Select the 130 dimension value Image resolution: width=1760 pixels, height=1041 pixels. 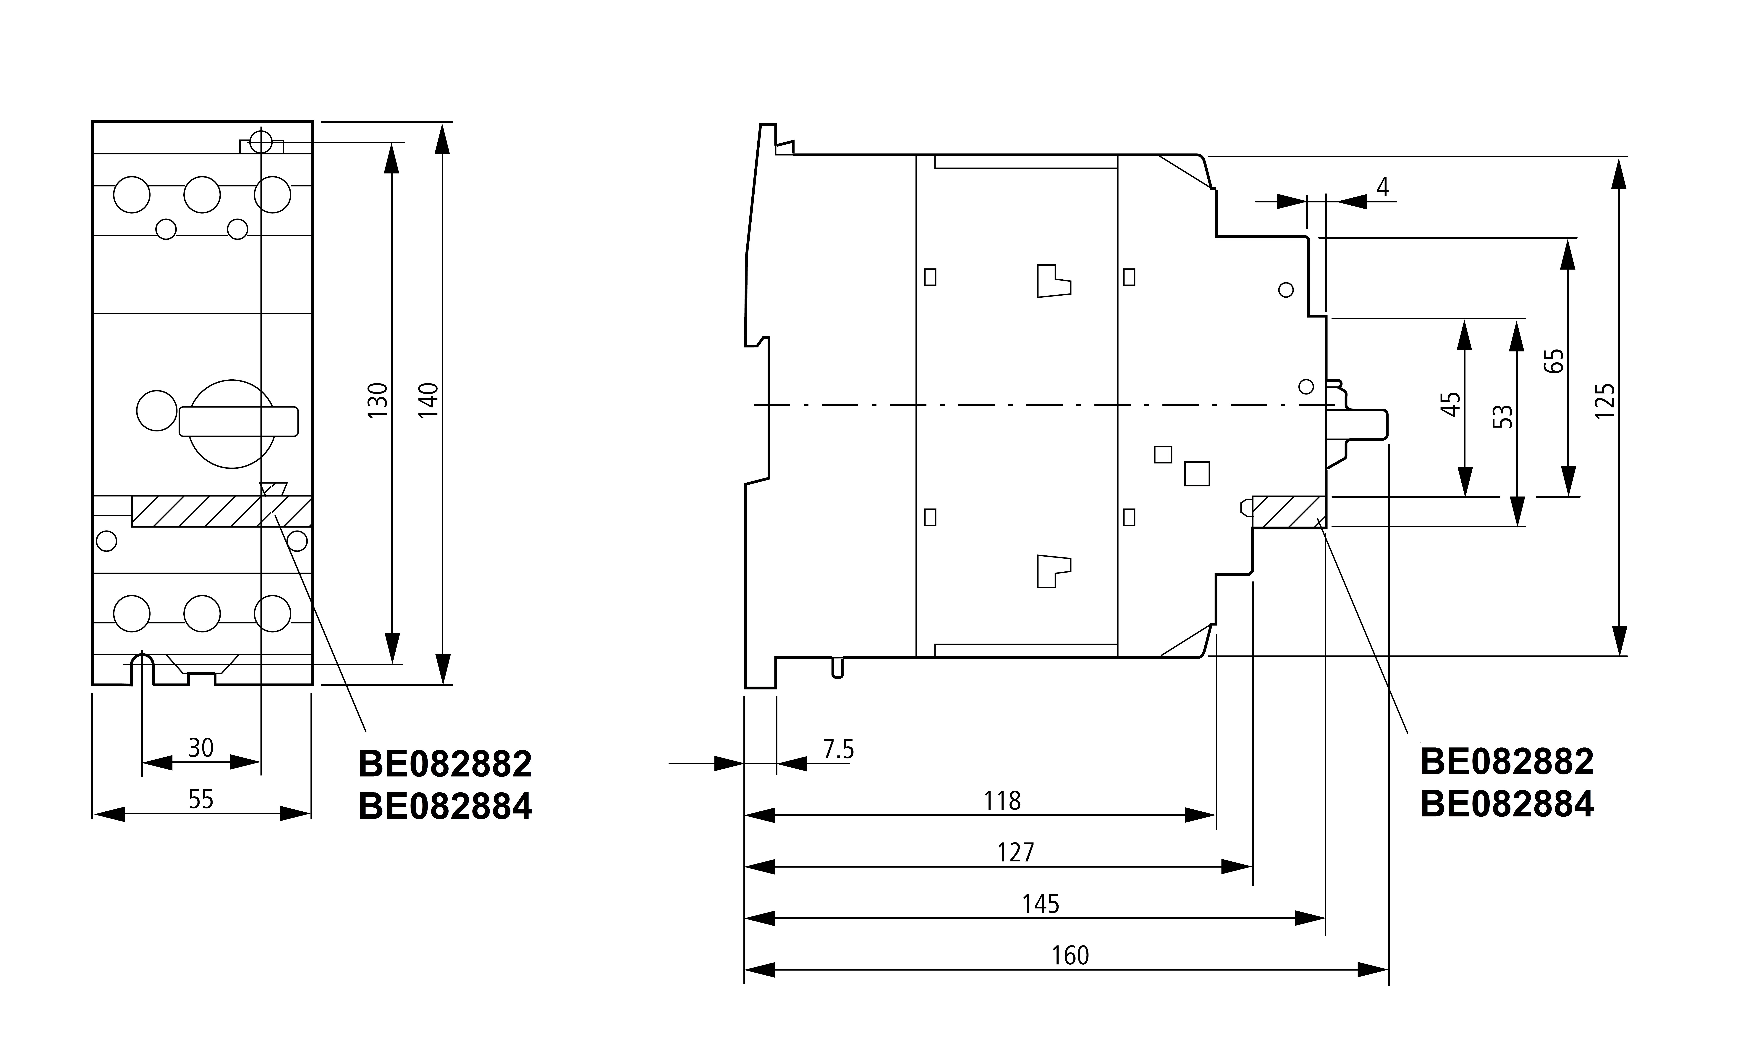pos(377,401)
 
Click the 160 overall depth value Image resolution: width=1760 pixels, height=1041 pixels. pos(1070,955)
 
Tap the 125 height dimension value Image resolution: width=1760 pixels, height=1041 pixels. pos(1604,401)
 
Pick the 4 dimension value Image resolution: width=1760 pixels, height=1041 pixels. pos(1382,187)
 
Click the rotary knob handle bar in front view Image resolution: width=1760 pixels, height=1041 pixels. pos(238,421)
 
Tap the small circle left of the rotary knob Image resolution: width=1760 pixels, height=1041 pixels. pos(156,410)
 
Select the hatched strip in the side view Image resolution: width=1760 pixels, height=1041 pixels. pos(1288,511)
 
